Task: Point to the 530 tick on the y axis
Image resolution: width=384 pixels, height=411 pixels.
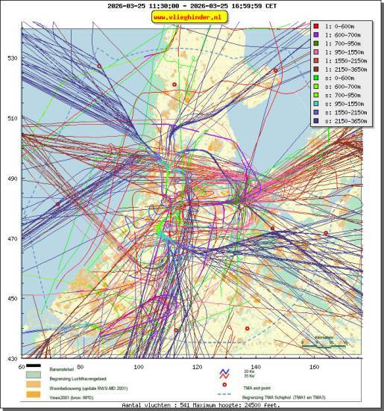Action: pos(13,58)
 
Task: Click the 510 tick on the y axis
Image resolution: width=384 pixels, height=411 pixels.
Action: pos(13,118)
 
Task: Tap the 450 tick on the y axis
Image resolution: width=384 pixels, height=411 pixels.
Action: pos(13,299)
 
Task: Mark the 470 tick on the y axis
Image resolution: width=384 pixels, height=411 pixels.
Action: pos(13,239)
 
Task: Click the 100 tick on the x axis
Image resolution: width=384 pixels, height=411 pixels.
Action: pos(139,367)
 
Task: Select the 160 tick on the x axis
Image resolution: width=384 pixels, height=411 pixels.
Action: pos(314,367)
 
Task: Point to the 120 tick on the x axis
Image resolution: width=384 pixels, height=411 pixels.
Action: pos(198,367)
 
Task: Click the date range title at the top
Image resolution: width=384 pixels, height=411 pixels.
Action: pos(192,5)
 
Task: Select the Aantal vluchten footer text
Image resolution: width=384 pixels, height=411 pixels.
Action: pos(192,406)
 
